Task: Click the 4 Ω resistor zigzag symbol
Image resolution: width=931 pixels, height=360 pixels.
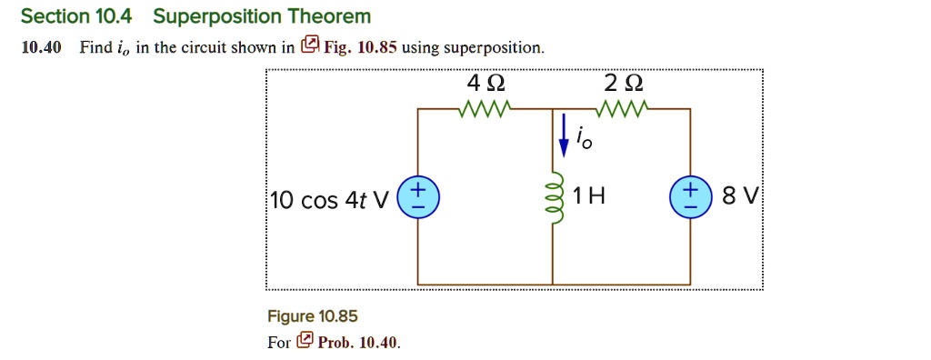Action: click(x=486, y=110)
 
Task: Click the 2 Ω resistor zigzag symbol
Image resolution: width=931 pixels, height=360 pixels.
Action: click(x=622, y=110)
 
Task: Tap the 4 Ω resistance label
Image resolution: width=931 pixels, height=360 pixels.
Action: click(x=486, y=83)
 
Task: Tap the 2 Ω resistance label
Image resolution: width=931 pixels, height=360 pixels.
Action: click(x=623, y=83)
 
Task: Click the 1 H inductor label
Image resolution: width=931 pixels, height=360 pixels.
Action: click(x=589, y=196)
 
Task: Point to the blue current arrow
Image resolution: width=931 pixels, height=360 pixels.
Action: click(x=565, y=131)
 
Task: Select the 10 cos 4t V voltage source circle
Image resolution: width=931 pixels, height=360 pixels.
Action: click(x=417, y=197)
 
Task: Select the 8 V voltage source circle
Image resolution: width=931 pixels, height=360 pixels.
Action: click(x=690, y=197)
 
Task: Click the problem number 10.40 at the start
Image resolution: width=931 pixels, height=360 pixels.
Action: click(x=41, y=48)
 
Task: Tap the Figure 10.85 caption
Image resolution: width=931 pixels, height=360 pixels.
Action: click(x=312, y=316)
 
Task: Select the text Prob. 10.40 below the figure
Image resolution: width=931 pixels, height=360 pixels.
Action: click(x=358, y=342)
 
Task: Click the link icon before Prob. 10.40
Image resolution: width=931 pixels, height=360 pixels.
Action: click(x=305, y=342)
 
